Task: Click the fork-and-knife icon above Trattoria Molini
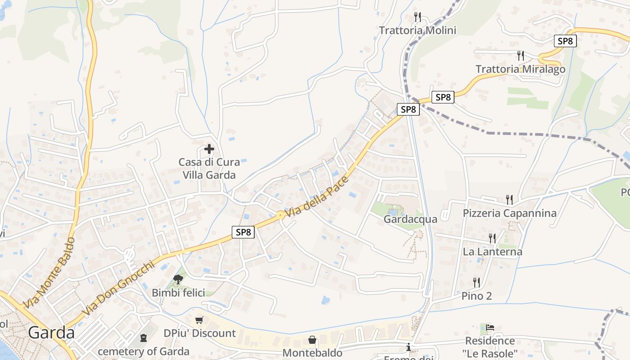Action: [418, 17]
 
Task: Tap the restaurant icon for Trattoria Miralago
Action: [521, 56]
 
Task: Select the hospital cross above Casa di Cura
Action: [209, 148]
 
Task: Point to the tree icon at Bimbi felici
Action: [178, 279]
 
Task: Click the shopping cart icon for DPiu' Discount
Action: [199, 320]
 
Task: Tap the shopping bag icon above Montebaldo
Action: [312, 340]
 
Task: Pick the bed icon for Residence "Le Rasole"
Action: [490, 327]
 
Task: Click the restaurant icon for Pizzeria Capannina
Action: [509, 199]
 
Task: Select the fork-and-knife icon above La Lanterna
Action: [492, 238]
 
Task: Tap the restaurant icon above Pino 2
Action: [477, 283]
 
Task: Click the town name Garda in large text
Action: [51, 333]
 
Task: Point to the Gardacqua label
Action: [410, 219]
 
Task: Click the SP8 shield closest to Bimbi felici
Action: [243, 232]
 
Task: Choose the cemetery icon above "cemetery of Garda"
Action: [144, 337]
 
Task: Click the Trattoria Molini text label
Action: [418, 31]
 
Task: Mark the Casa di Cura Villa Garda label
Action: [209, 168]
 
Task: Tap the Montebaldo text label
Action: [312, 353]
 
